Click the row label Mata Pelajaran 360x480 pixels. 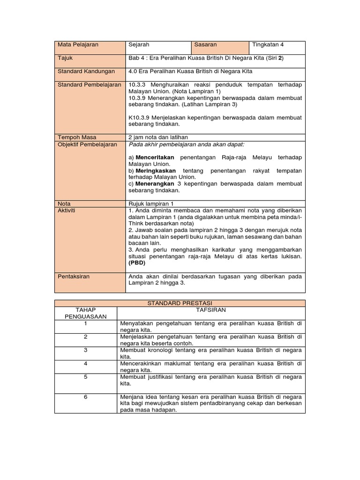78,45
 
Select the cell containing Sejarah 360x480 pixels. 139,45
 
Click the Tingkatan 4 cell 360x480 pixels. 268,45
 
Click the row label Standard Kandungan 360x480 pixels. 86,72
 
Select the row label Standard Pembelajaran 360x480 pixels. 89,85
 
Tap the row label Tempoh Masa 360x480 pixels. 77,137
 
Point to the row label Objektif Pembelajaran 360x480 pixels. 87,144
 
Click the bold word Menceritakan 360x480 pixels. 155,157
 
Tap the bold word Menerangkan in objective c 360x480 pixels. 155,184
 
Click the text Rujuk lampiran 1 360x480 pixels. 151,204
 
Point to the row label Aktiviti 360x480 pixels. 66,210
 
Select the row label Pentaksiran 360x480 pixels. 74,277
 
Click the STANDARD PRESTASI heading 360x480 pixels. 180,303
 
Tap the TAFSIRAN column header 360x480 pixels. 211,310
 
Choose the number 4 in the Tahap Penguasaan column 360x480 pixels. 86,363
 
